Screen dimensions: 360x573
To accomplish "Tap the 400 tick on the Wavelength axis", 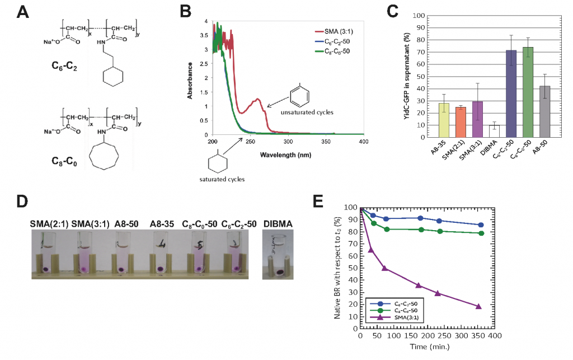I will coord(363,142).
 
